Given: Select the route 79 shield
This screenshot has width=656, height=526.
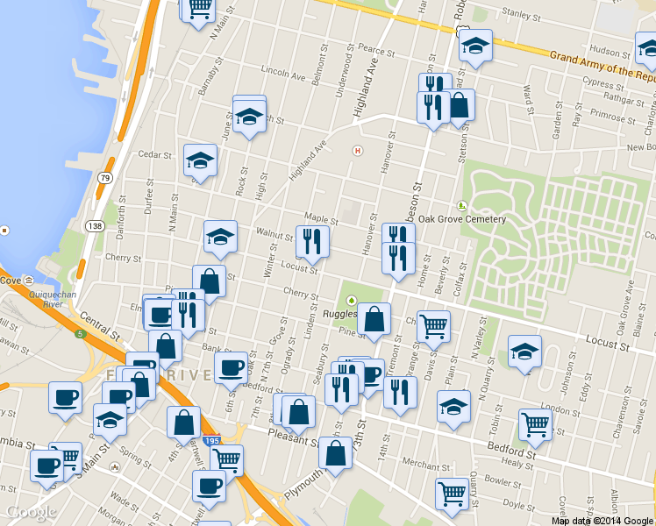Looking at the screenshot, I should click(x=105, y=178).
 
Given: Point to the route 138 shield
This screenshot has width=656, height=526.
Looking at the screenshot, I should click(x=95, y=226).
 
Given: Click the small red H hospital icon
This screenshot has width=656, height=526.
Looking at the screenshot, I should click(x=356, y=150).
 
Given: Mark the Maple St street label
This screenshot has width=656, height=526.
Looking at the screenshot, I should click(x=321, y=218).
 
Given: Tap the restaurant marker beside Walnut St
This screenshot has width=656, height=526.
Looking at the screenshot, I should click(x=311, y=241).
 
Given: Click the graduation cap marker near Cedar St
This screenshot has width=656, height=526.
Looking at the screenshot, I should click(x=201, y=160).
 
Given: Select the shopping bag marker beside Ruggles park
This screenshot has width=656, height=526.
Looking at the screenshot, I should click(x=374, y=319).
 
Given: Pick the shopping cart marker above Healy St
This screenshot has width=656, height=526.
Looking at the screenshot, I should click(x=534, y=425).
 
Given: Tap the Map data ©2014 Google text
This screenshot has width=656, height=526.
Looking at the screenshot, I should click(x=603, y=521).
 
